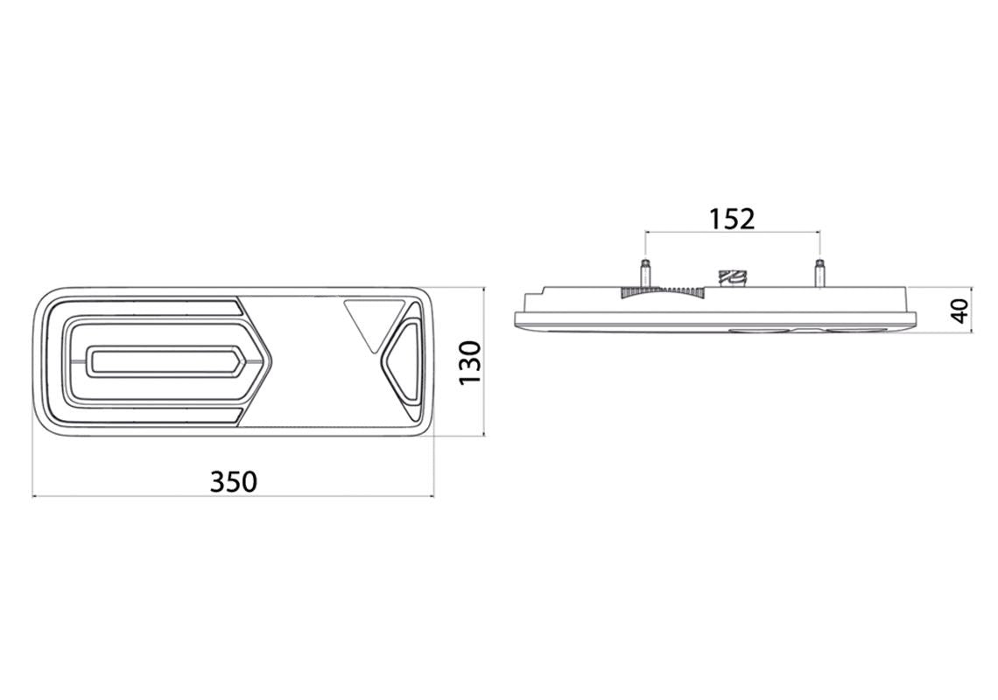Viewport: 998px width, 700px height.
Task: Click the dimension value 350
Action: [x=234, y=482]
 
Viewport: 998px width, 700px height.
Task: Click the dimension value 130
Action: [x=471, y=363]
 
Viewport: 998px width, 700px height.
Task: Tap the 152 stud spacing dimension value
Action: [x=732, y=219]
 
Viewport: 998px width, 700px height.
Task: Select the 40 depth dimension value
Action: [x=959, y=311]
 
